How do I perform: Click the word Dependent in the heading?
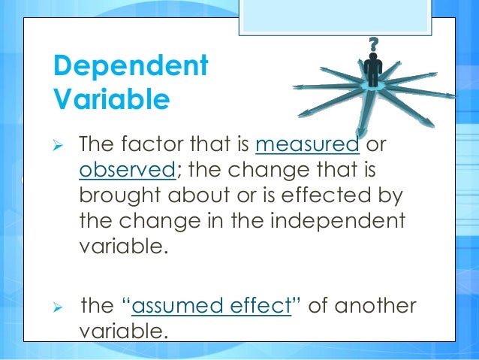130,66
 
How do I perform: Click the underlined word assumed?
183,306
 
